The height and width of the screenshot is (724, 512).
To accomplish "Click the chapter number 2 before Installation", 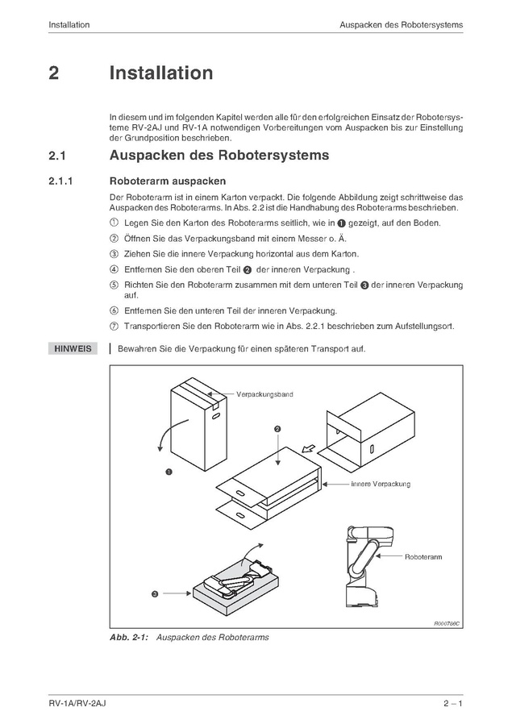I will click(53, 73).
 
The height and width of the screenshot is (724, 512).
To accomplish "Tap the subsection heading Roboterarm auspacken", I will click(168, 181).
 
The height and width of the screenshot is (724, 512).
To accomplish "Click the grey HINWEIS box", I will click(73, 349).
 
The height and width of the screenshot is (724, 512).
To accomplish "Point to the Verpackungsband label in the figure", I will click(264, 395).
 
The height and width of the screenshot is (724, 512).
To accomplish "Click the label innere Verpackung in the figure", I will click(380, 484).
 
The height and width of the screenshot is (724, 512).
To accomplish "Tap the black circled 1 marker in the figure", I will click(169, 472).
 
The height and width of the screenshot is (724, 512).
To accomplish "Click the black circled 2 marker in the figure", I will click(277, 430).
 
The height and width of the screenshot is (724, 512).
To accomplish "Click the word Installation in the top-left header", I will click(69, 25).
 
